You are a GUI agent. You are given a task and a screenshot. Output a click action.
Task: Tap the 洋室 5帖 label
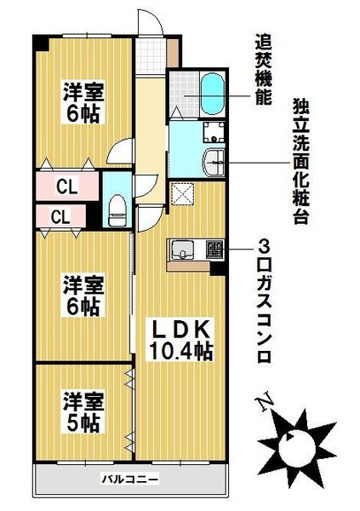point(82,411)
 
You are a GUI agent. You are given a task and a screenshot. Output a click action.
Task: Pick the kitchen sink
point(183,250)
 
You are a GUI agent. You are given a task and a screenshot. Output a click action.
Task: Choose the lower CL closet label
point(60,216)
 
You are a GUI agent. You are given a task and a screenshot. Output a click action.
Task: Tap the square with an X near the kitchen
point(182,194)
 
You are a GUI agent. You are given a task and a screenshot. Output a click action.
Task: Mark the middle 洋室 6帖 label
point(83,295)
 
